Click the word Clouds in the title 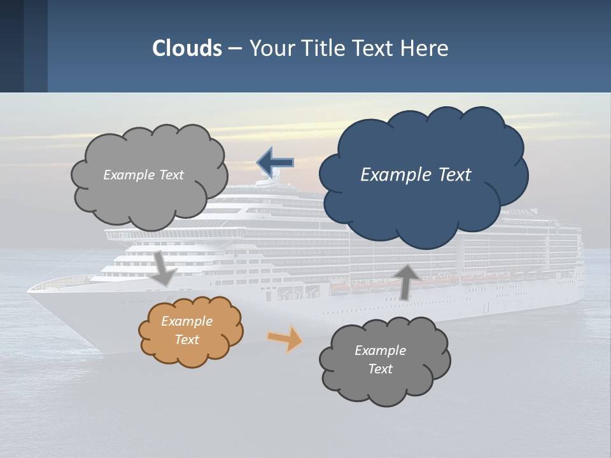[187, 48]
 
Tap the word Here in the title [425, 48]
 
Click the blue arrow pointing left [275, 163]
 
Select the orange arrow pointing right [284, 338]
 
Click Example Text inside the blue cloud [416, 175]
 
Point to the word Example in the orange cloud [186, 321]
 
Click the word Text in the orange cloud [186, 340]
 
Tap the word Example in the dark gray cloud [380, 350]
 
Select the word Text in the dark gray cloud [380, 369]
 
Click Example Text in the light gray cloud [143, 175]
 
